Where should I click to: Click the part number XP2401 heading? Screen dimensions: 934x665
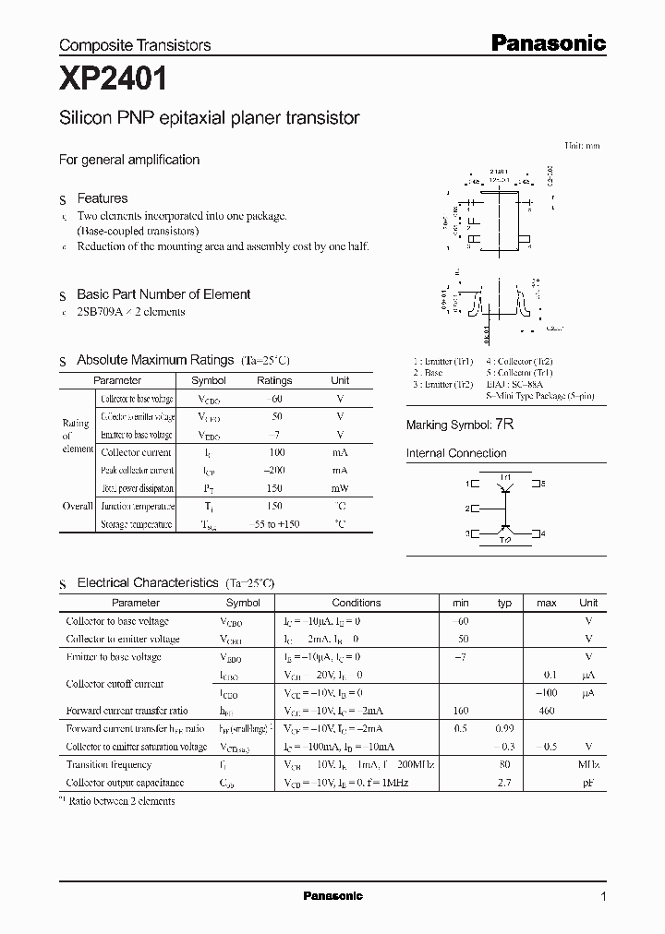[114, 80]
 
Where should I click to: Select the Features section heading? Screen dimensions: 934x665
[102, 198]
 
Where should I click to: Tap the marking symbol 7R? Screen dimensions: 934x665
[503, 425]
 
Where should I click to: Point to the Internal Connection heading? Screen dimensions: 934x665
[456, 453]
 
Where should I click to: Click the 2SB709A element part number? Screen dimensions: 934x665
[106, 312]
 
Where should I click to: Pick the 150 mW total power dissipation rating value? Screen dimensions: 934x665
[274, 488]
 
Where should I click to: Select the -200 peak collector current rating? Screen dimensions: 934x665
[274, 471]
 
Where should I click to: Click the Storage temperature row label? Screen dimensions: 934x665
[136, 524]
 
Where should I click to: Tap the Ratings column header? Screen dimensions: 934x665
[274, 380]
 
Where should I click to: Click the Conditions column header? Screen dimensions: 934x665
[356, 603]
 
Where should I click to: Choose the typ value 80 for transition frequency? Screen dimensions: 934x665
[504, 765]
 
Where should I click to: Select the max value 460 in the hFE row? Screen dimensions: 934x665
[546, 711]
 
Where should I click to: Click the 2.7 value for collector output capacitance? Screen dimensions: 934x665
[504, 783]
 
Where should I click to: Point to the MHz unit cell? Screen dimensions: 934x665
[588, 765]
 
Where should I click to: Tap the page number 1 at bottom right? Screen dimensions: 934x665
[603, 896]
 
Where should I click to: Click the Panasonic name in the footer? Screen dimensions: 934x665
[332, 896]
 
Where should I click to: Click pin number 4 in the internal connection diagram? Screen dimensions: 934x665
[542, 533]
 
